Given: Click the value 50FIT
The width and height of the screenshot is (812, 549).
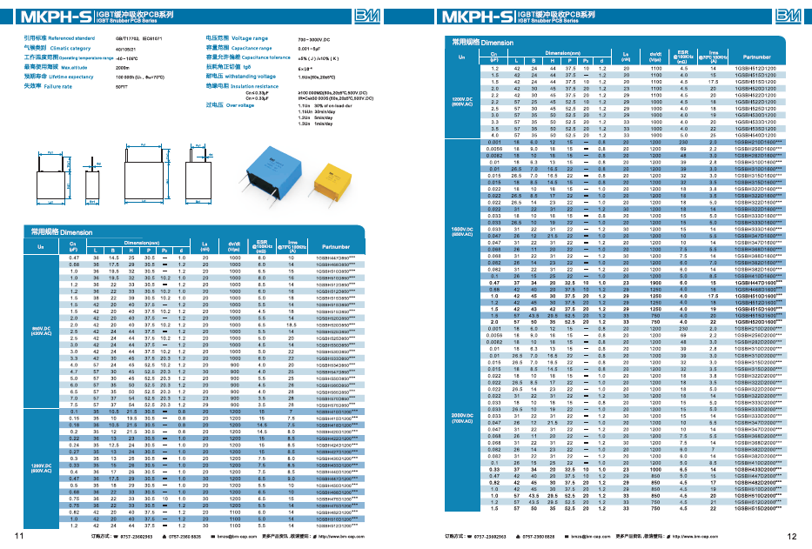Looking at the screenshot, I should click(x=121, y=87).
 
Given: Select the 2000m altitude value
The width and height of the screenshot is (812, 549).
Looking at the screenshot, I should click(x=122, y=67).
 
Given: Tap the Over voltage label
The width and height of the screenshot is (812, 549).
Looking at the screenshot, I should click(x=229, y=104).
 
